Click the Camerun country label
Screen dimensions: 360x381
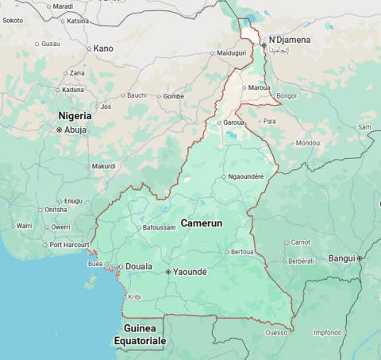click(x=202, y=223)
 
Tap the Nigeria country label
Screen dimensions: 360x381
click(x=75, y=116)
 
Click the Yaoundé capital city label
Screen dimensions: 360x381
click(x=190, y=272)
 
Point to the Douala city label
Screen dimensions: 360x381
click(x=139, y=267)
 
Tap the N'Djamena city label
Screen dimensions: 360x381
click(x=290, y=40)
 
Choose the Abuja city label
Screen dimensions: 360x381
click(x=75, y=130)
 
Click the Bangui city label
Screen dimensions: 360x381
click(x=341, y=258)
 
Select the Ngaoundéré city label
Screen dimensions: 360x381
click(x=245, y=176)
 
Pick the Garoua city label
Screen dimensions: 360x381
click(x=233, y=123)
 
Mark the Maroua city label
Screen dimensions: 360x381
click(x=259, y=87)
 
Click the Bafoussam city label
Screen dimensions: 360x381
click(x=159, y=228)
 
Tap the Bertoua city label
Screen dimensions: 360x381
click(x=242, y=252)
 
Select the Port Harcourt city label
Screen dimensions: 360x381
click(x=67, y=245)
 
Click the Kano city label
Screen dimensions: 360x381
click(x=103, y=48)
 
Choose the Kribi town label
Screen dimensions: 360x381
click(x=134, y=296)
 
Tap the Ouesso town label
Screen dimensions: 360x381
click(x=276, y=333)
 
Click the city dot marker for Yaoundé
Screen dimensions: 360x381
click(x=168, y=272)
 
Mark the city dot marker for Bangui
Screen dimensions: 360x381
click(x=360, y=258)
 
